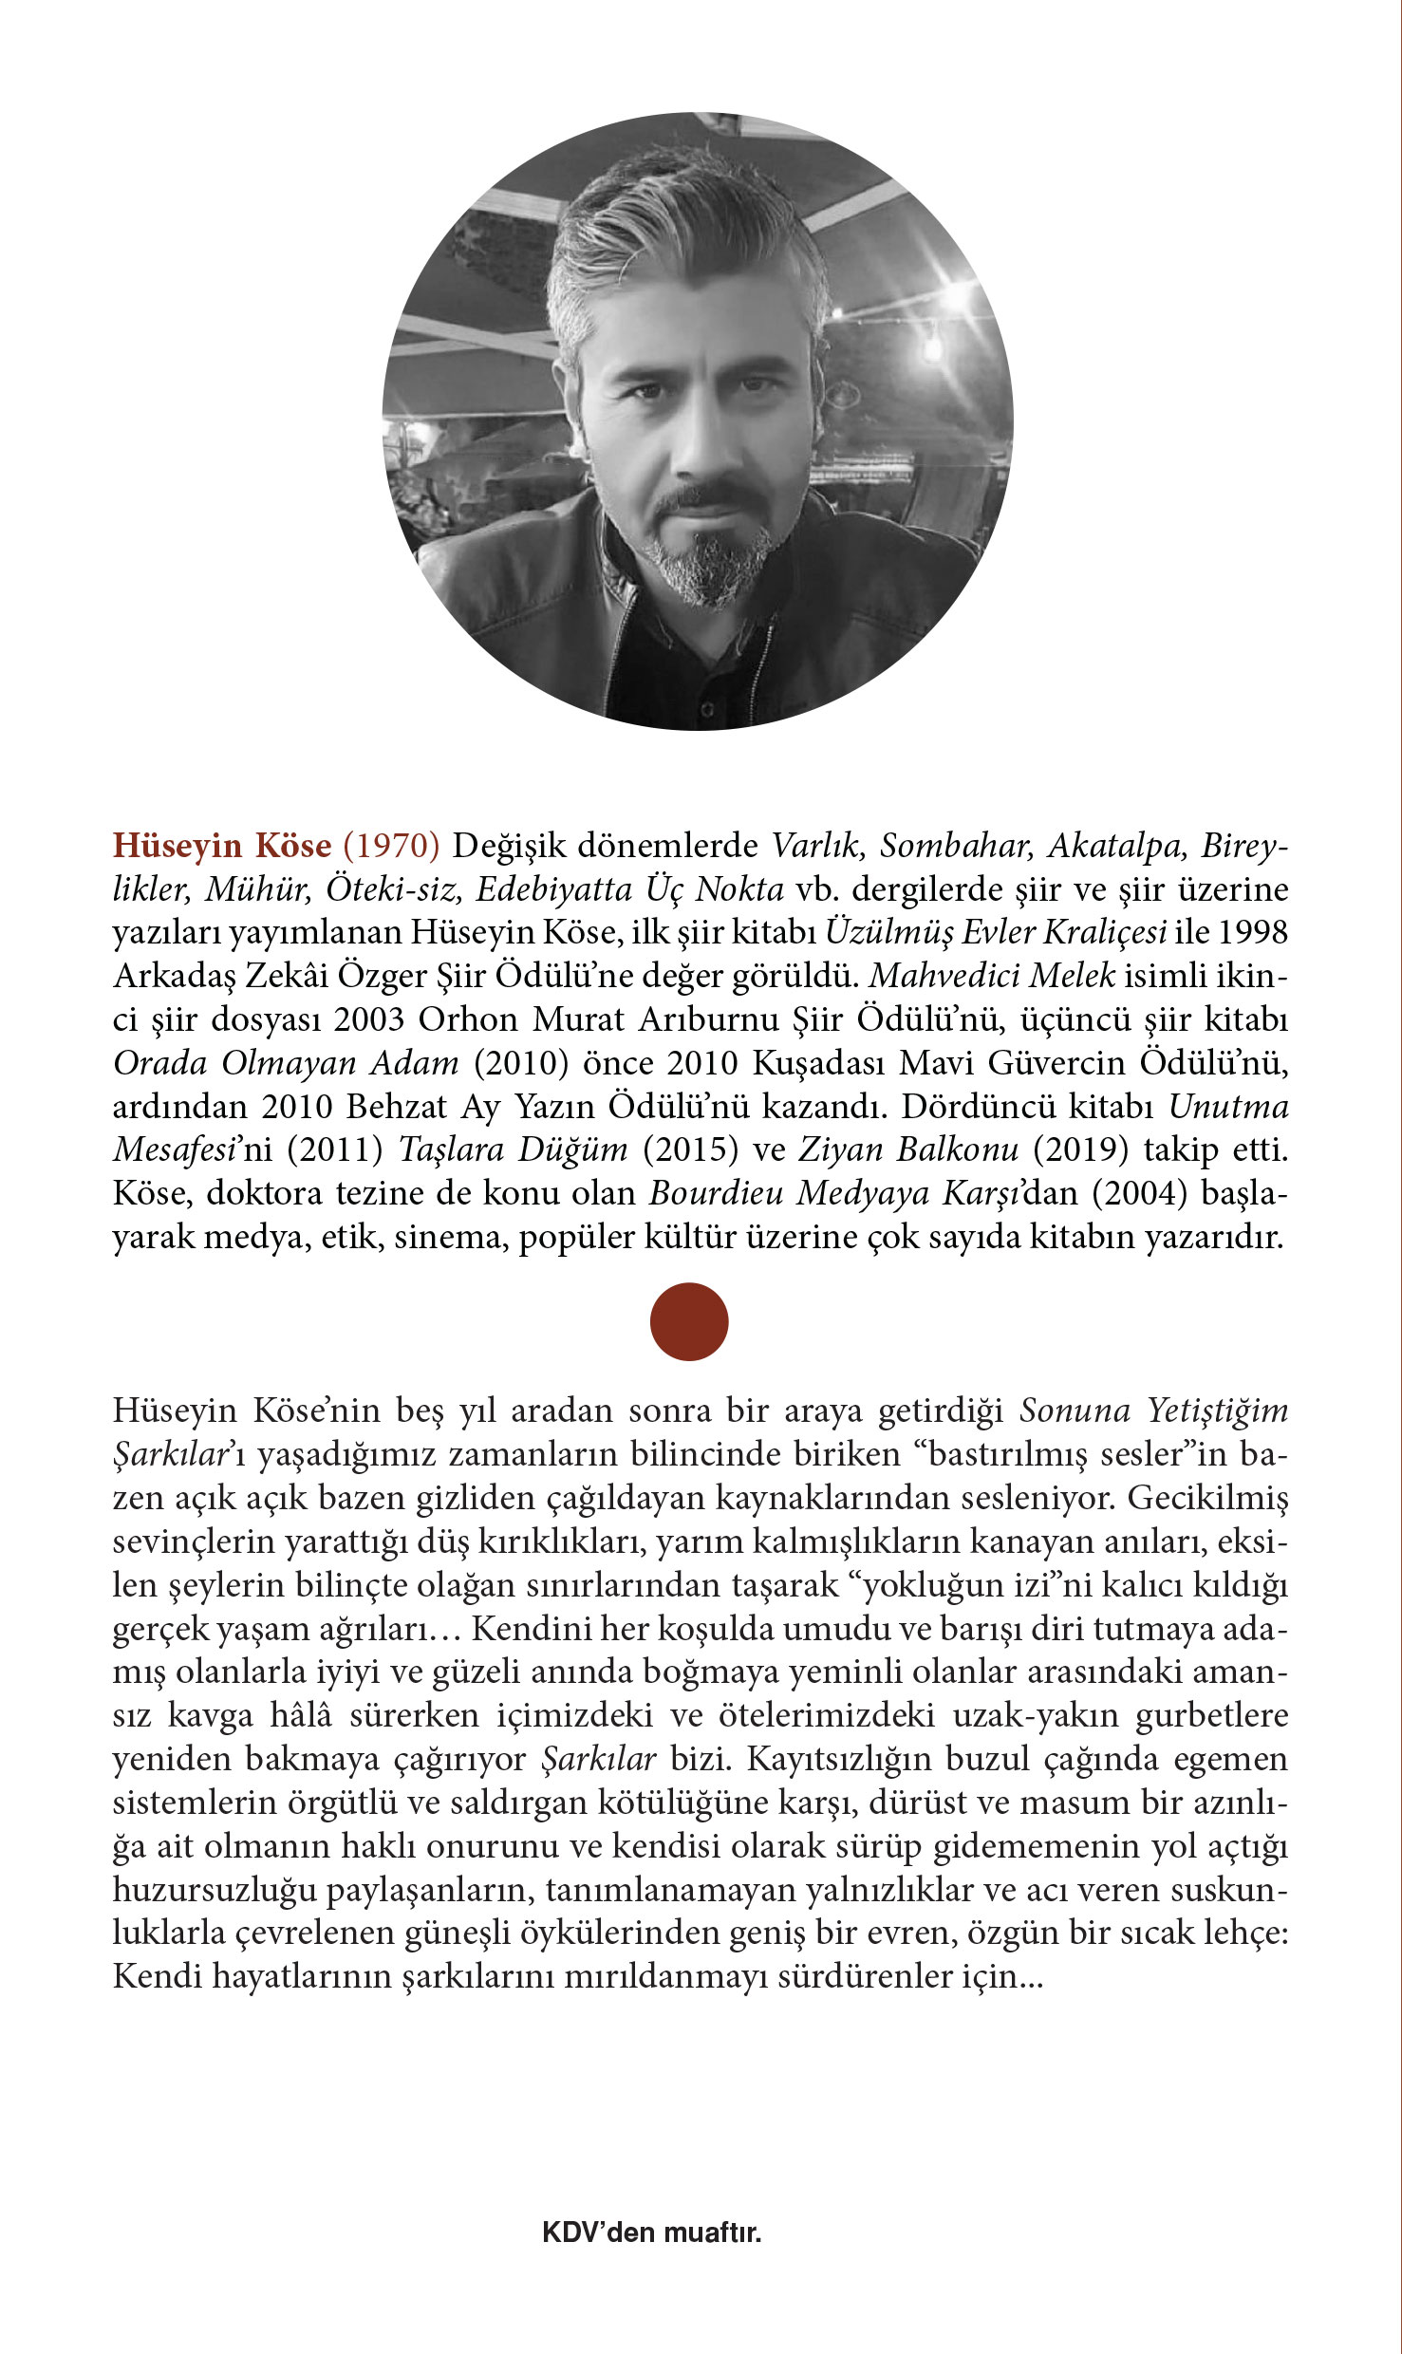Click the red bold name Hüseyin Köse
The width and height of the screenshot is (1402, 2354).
[x=222, y=845]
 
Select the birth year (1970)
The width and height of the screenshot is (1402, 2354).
[x=391, y=845]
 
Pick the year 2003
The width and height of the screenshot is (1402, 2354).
[x=369, y=1018]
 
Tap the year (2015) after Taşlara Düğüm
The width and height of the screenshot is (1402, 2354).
[x=690, y=1149]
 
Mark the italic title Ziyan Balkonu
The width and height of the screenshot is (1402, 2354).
[x=908, y=1149]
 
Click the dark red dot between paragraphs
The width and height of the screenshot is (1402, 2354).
[x=689, y=1321]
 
